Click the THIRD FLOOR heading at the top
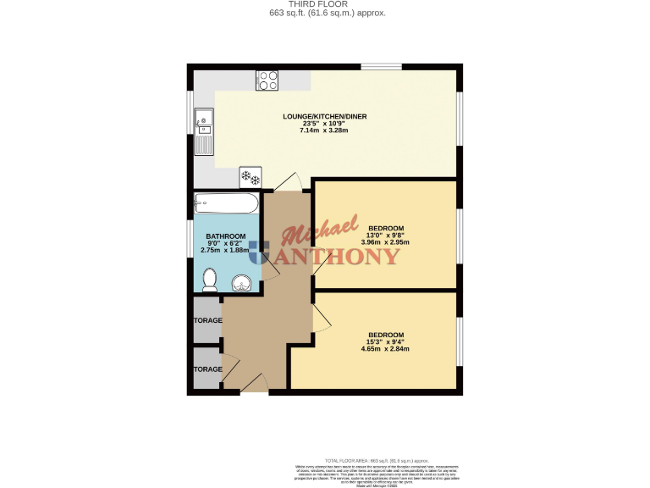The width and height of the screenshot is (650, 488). point(325,4)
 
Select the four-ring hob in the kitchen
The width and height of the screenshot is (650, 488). point(267,80)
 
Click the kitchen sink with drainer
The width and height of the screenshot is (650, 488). point(203,134)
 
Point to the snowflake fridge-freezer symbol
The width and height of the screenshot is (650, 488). point(251,177)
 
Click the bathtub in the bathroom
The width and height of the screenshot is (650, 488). point(226,203)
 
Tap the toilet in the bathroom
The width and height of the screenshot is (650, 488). point(211,280)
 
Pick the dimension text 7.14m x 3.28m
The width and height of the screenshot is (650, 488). point(324,130)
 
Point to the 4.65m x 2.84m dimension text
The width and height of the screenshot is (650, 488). point(385,348)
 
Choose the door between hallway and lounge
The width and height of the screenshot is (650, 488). point(287,182)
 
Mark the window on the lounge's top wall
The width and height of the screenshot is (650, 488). point(381,66)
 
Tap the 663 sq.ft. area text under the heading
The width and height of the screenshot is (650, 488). point(325,14)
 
